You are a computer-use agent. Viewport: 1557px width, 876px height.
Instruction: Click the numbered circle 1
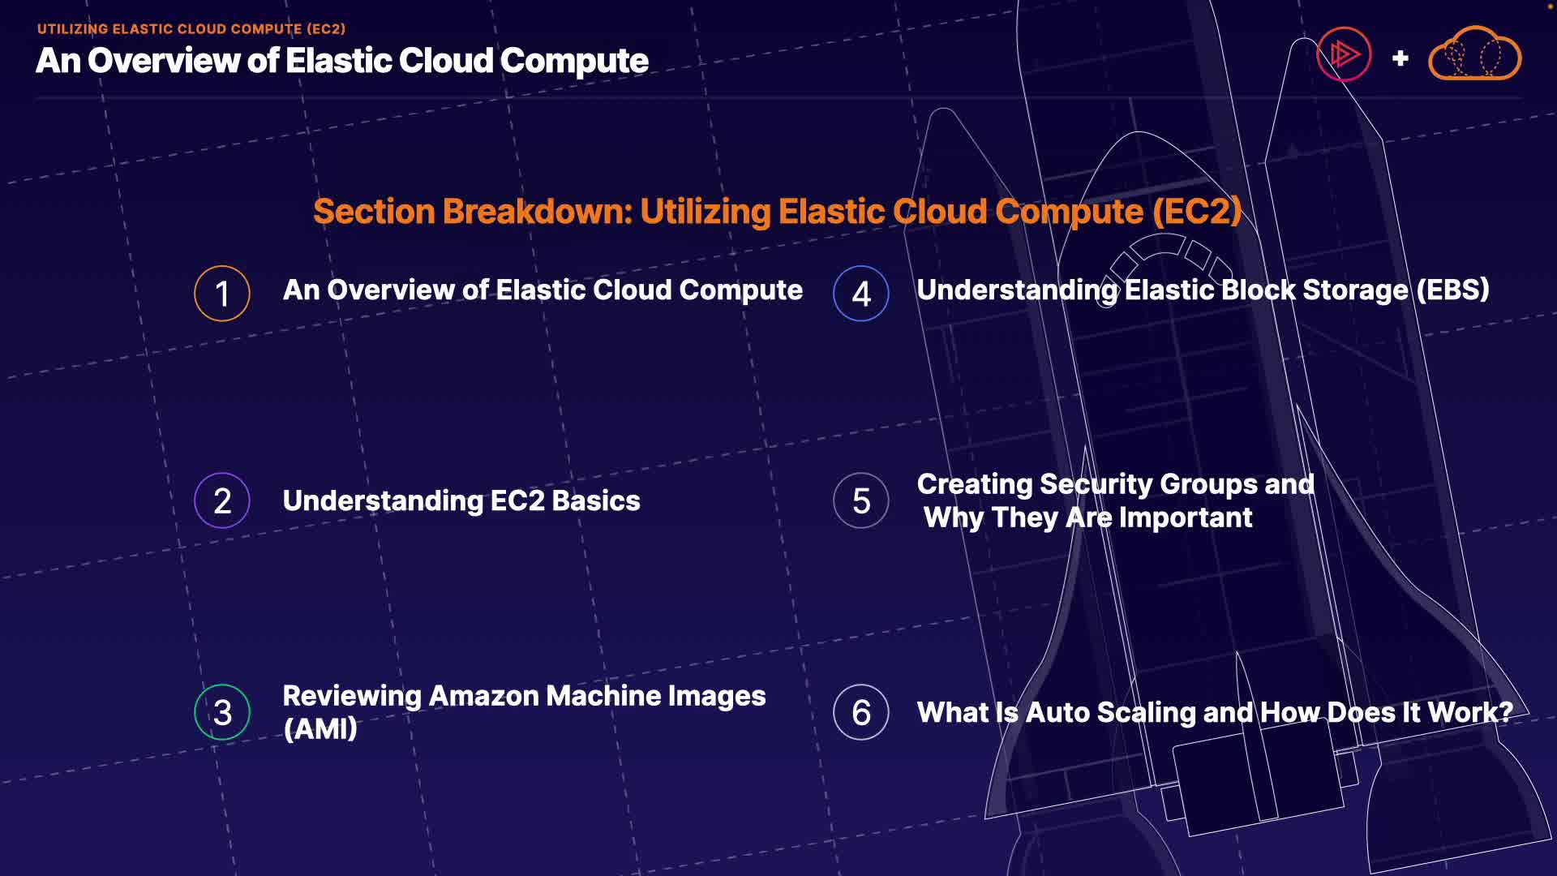(221, 294)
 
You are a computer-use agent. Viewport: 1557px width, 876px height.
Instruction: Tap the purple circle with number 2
(221, 500)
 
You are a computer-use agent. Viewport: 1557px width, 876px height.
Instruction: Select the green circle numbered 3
(221, 712)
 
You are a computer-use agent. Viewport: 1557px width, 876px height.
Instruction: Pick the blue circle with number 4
(860, 294)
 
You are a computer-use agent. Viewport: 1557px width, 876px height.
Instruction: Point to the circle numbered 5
(860, 500)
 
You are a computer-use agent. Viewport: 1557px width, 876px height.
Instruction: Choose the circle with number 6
(860, 712)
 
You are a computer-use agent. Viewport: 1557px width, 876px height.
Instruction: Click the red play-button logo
(1344, 54)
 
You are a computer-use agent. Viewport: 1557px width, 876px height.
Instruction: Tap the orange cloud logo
(1474, 54)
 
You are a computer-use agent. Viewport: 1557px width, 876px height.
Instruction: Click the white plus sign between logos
(1400, 58)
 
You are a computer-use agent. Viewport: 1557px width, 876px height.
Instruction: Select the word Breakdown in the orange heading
(537, 212)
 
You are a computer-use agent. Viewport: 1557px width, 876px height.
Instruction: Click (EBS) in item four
(1452, 290)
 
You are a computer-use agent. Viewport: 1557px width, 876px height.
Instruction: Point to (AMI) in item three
(320, 728)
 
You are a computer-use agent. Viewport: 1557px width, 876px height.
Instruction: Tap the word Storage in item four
(1355, 290)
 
